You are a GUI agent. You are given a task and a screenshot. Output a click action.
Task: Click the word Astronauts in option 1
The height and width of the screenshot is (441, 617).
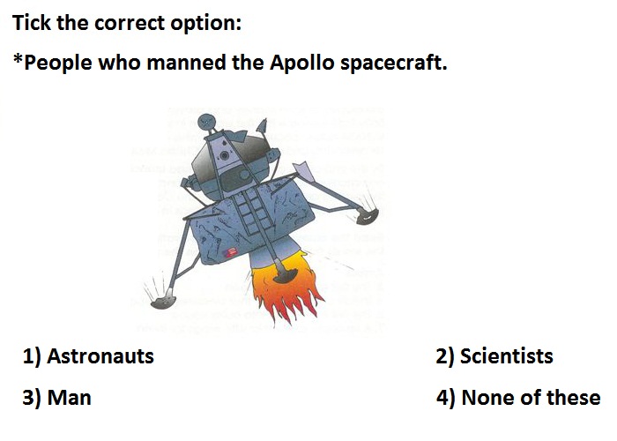click(100, 356)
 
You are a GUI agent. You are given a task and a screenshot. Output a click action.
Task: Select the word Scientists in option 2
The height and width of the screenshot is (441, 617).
click(507, 356)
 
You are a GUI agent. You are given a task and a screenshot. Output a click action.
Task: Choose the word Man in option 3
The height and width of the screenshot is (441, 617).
click(70, 397)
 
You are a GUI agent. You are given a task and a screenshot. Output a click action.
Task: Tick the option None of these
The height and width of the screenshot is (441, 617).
click(531, 397)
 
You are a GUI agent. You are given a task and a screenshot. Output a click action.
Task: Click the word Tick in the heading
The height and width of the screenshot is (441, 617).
click(32, 22)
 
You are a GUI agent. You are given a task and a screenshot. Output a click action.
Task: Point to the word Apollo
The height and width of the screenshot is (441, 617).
click(302, 63)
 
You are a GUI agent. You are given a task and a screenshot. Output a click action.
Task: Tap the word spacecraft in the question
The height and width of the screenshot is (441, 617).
click(394, 64)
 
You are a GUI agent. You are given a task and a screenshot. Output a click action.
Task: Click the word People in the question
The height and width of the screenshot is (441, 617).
click(58, 64)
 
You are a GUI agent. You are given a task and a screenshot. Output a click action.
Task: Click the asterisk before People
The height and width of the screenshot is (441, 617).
click(18, 59)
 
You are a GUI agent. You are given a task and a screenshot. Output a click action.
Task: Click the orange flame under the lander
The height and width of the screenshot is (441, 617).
click(286, 289)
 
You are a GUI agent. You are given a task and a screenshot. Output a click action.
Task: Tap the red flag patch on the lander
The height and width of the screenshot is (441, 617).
click(230, 251)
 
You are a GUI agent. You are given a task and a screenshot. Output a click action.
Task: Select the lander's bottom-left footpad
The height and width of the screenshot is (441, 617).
click(163, 302)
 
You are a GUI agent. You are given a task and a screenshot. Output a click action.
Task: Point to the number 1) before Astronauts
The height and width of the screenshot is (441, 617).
click(32, 356)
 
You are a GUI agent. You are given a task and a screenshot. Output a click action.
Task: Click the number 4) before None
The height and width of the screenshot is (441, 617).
click(446, 398)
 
